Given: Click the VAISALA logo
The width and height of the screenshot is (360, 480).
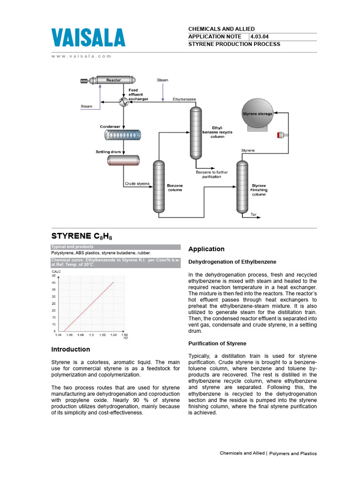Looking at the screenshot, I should point(88,38).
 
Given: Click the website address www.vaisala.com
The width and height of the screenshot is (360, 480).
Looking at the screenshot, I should point(81,56).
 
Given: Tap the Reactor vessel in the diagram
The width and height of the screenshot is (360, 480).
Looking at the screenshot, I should point(110,81).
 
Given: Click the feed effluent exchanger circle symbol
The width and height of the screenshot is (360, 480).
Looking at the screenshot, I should point(123,102).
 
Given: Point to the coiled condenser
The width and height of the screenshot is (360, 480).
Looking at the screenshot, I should point(123,135).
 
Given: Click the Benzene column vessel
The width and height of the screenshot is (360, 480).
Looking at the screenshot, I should point(159,187).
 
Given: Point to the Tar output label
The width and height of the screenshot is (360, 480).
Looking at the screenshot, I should point(254,214).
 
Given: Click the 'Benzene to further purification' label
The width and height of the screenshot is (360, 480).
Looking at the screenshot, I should point(212,174).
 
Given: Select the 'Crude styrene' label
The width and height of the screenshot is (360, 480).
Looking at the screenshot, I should point(137,183).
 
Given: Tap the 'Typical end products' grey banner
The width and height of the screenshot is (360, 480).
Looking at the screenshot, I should point(115,247).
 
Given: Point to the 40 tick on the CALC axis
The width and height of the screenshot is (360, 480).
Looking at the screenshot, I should point(53,282).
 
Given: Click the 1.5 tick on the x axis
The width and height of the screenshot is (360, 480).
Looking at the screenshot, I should point(91,335).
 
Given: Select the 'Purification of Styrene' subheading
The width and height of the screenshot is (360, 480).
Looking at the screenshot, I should point(217,344).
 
